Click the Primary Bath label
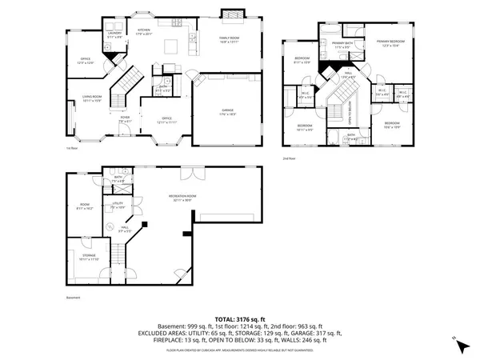pos(342,46)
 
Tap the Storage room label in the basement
pos(87,256)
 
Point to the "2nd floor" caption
pos(289,158)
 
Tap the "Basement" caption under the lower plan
pos(74,298)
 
